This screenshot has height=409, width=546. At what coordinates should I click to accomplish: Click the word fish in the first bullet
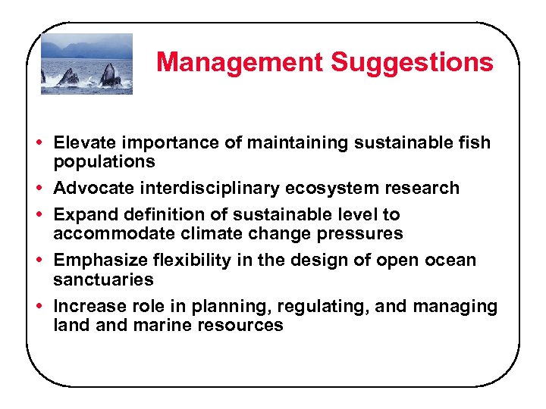475,142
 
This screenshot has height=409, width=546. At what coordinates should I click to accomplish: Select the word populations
104,161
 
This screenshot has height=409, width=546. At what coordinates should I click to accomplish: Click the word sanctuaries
103,279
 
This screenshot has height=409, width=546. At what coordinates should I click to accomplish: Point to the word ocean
449,261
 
